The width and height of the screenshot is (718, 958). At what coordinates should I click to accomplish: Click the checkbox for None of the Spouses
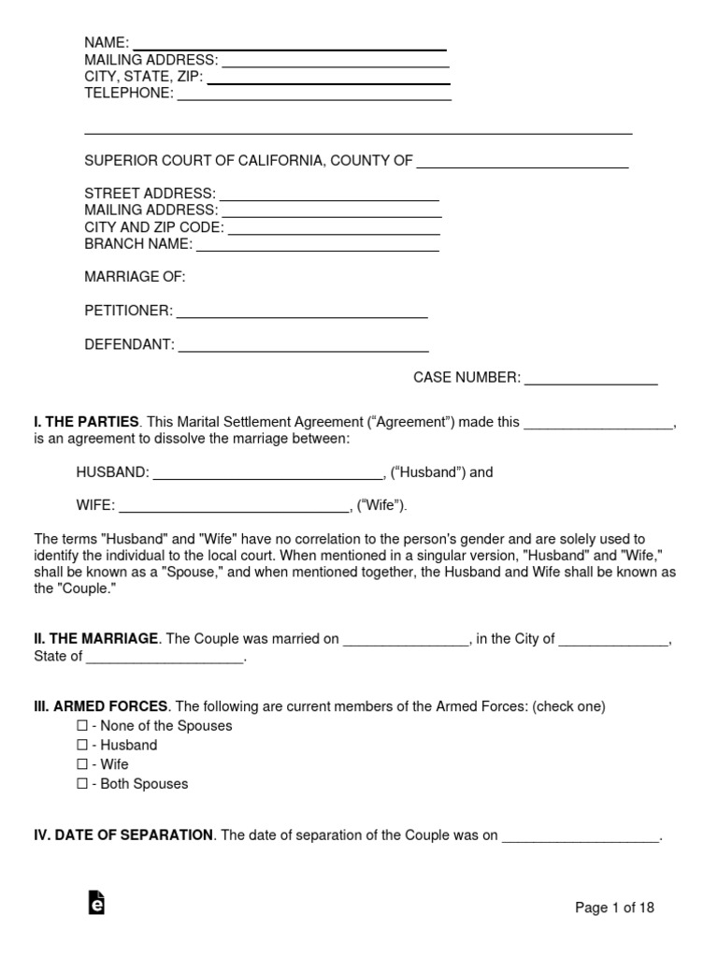(x=82, y=726)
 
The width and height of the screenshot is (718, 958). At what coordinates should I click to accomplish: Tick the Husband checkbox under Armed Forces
(x=82, y=746)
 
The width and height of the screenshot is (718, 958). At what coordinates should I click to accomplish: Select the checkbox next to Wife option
(x=82, y=764)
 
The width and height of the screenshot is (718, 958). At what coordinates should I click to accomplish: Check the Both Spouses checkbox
(x=82, y=784)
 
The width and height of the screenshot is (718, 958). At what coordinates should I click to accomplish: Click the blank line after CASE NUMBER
(x=590, y=381)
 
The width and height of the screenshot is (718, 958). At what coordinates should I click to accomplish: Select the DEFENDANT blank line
(x=303, y=347)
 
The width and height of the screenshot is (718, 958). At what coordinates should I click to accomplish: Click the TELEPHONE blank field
(x=314, y=95)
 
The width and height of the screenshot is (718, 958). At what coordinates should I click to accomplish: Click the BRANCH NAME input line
(x=317, y=247)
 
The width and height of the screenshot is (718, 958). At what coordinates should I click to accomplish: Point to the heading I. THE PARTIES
(x=86, y=422)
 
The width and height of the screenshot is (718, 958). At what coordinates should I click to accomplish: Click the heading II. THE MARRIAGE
(x=96, y=639)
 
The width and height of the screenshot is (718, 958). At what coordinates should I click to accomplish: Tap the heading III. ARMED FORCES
(x=101, y=706)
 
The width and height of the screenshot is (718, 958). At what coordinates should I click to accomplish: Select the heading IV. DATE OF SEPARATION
(x=123, y=835)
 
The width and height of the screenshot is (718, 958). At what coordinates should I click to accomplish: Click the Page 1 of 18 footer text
(x=614, y=907)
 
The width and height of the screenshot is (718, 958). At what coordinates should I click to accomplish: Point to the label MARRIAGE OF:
(x=135, y=277)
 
